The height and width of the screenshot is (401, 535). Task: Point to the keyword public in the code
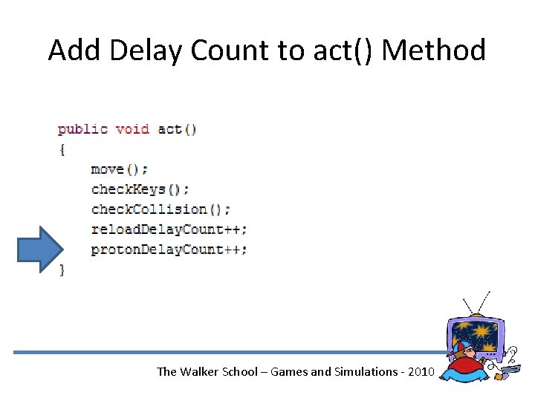pos(82,129)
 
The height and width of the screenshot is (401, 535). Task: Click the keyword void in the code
pos(132,129)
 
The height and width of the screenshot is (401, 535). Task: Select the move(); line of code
pos(120,169)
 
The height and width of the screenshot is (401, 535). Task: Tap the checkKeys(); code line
pos(140,189)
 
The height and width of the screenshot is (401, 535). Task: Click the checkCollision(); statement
pos(160,209)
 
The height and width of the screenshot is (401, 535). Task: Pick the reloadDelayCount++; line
pos(169,229)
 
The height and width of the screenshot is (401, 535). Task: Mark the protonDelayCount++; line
pos(169,250)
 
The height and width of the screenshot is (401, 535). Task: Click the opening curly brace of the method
pos(62,149)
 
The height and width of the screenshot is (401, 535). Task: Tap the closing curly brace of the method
pos(62,270)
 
